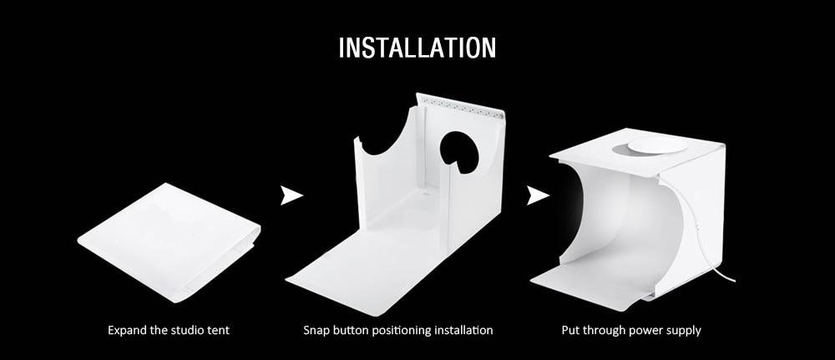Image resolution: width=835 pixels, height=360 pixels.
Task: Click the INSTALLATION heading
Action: click(417, 47)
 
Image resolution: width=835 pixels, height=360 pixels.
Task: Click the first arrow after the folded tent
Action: click(291, 196)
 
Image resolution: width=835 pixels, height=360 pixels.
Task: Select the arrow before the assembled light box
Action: click(537, 196)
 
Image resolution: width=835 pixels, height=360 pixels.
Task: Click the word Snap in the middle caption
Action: click(316, 331)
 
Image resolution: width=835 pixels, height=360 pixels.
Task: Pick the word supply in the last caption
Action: click(684, 331)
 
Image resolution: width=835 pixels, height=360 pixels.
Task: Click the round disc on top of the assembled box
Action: click(655, 147)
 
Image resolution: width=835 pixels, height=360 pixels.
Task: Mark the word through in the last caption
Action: click(605, 331)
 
